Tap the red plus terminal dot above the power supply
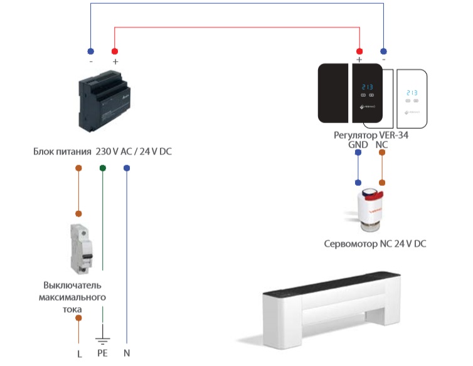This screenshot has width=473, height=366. (x=114, y=50)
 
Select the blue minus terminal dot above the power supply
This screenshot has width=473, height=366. (x=91, y=50)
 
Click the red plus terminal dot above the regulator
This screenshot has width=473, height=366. (x=359, y=50)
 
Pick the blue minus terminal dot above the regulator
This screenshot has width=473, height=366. (x=383, y=50)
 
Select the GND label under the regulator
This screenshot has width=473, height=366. (x=358, y=144)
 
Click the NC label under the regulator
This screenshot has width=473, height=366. (x=381, y=144)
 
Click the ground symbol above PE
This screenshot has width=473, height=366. (x=102, y=340)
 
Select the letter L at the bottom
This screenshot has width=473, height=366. (x=79, y=353)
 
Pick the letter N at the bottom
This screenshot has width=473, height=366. (x=127, y=353)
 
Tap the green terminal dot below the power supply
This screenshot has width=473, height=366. (x=103, y=168)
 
